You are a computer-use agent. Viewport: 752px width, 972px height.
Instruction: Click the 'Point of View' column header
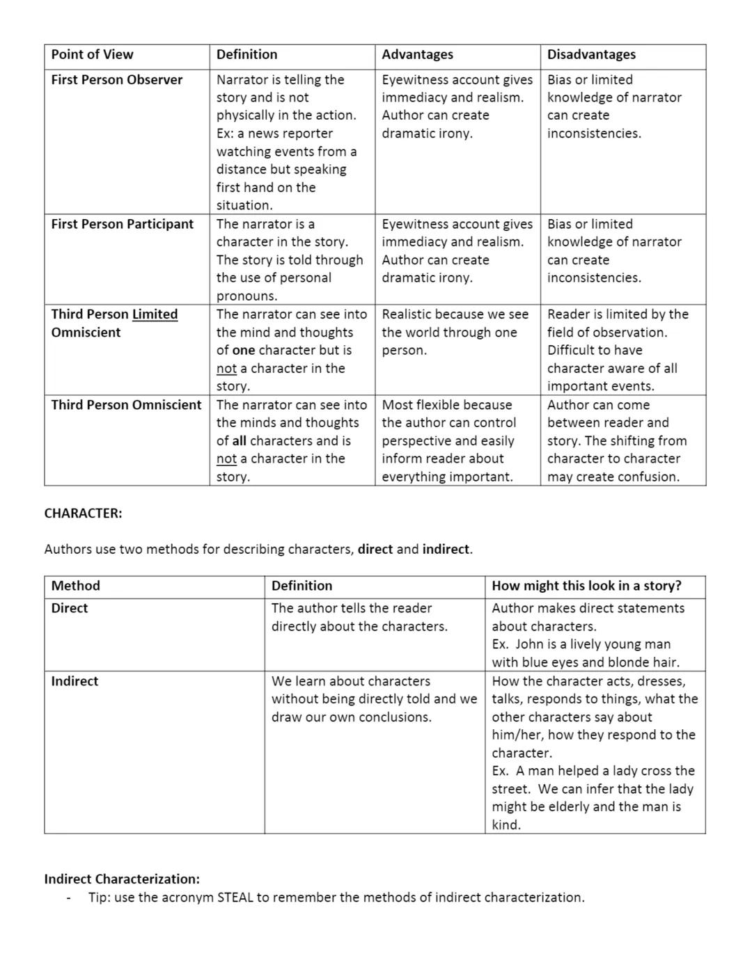tap(92, 54)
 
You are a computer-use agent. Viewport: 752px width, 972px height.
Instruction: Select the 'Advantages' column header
tap(417, 54)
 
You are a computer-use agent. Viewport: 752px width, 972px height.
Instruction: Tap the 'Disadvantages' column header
tap(591, 54)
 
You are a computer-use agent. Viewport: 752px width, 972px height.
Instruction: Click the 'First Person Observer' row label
tap(116, 80)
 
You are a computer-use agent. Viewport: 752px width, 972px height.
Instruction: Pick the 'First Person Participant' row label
tap(122, 224)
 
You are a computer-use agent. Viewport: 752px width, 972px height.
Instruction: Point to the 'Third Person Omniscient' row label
tap(126, 405)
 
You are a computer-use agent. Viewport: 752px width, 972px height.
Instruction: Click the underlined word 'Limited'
tap(155, 314)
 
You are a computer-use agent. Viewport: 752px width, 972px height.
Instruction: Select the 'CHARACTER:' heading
tap(83, 513)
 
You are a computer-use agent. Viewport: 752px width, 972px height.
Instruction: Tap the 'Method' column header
tap(75, 586)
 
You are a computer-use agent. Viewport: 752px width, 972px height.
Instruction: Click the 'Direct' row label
tap(69, 608)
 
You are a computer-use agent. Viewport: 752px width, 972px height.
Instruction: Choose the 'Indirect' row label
tap(75, 681)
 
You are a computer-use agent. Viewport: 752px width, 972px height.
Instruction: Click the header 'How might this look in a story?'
tap(586, 586)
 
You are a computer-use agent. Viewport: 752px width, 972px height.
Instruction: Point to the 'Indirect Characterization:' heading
tap(122, 879)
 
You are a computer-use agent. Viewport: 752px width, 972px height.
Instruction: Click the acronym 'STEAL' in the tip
tap(235, 898)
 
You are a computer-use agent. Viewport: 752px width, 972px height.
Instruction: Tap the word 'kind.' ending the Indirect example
tap(506, 825)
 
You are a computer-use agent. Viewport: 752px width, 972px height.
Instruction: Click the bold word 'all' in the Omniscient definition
tap(240, 441)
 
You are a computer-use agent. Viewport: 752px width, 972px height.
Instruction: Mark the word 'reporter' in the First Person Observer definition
tap(306, 134)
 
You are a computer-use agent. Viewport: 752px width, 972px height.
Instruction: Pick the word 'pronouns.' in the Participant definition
tap(246, 296)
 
